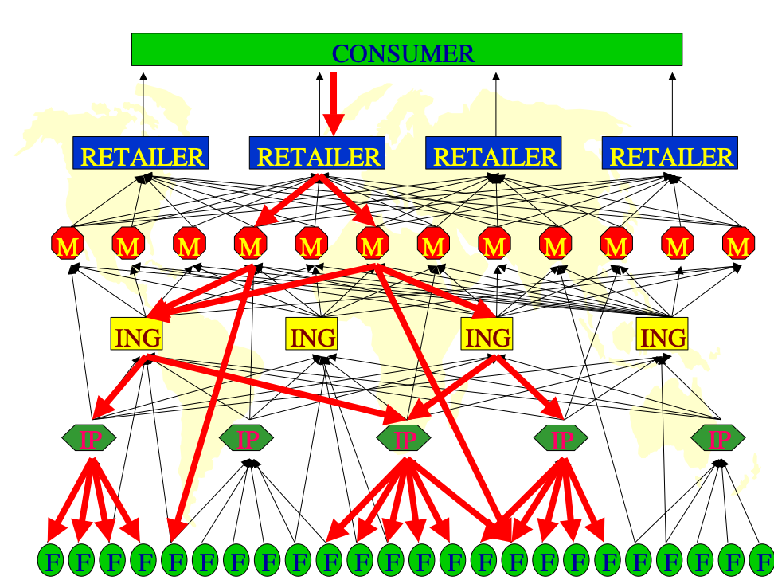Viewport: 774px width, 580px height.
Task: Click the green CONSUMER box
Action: click(x=406, y=49)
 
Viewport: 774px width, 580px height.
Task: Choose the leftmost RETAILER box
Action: click(x=141, y=154)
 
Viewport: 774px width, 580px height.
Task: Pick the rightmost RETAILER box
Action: click(x=670, y=154)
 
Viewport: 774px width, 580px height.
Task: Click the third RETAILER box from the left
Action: click(x=494, y=154)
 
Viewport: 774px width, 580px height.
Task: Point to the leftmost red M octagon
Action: click(x=68, y=245)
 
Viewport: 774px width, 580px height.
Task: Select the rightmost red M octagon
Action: click(x=737, y=245)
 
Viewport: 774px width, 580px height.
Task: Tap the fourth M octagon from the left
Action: click(x=250, y=245)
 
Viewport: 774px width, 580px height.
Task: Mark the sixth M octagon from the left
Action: click(x=372, y=245)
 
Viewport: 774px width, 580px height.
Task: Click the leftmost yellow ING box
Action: click(x=137, y=335)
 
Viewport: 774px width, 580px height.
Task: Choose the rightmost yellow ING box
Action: click(x=663, y=335)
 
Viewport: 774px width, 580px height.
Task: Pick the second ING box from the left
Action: click(x=312, y=335)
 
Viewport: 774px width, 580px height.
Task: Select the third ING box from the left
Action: click(x=487, y=335)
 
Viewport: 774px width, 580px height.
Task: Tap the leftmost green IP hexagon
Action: click(x=89, y=437)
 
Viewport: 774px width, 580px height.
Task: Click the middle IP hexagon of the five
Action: click(x=405, y=437)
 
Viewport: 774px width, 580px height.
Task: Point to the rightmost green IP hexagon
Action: click(x=718, y=437)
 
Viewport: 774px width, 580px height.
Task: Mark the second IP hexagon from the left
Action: click(x=246, y=437)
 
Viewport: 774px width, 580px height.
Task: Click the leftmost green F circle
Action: click(x=52, y=561)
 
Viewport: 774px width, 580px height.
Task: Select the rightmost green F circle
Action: click(x=763, y=561)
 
